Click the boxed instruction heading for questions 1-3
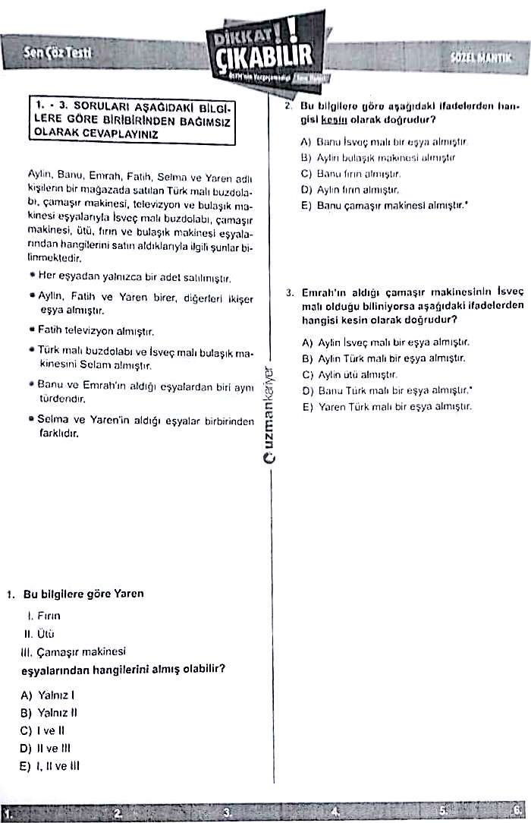[134, 119]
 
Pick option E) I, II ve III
[50, 765]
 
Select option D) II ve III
[48, 748]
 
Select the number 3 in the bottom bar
[226, 812]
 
